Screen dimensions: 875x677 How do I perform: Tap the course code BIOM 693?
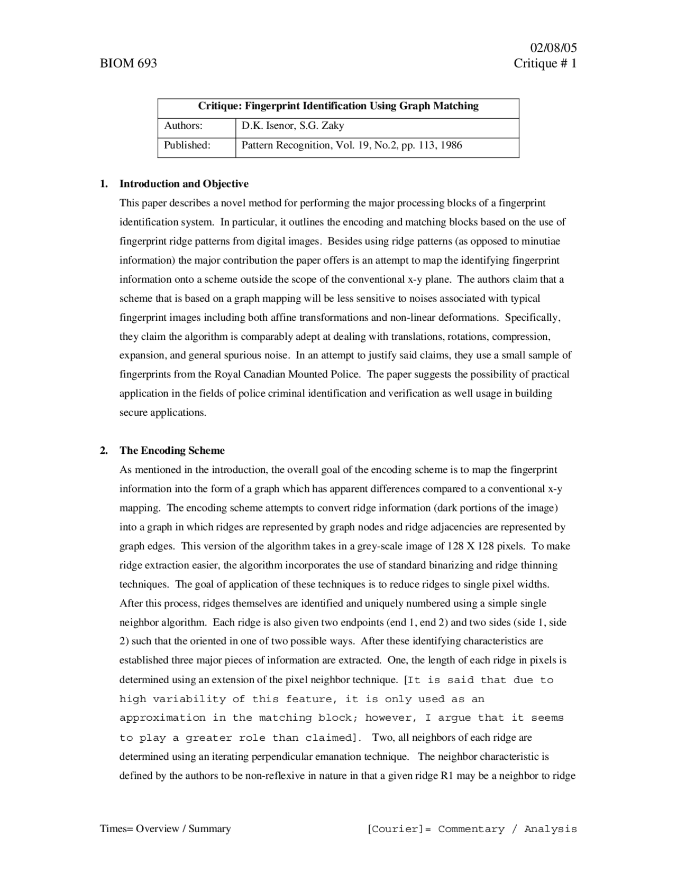[129, 64]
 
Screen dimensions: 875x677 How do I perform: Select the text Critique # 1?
[545, 64]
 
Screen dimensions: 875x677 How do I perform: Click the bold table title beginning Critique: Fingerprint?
[338, 106]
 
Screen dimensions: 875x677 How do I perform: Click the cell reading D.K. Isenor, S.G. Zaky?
[292, 126]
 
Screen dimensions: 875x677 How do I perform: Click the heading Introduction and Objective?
[184, 184]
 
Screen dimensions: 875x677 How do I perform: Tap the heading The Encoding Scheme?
[172, 451]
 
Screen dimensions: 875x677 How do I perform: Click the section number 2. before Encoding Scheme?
[104, 451]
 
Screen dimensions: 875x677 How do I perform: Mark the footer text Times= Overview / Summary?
[165, 829]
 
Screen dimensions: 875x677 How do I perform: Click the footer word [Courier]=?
[399, 830]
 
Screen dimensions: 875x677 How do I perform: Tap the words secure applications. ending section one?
[162, 413]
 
